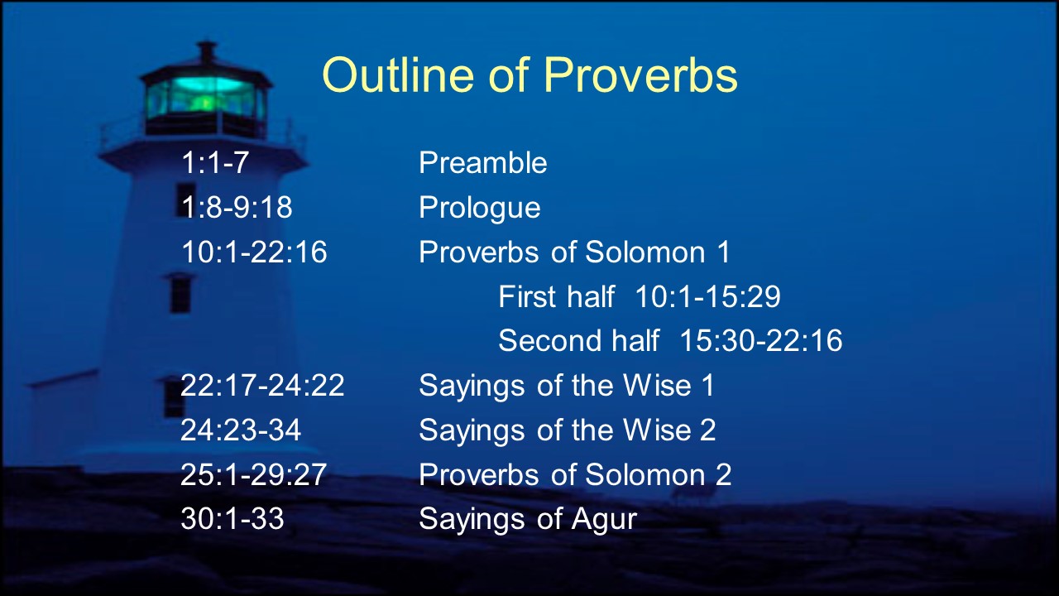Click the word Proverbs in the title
point(640,75)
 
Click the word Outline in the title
point(398,74)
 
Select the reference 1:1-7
point(215,163)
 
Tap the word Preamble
point(482,163)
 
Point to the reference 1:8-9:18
point(237,207)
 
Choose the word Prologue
point(479,208)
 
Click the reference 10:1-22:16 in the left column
point(254,252)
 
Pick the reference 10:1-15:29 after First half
point(707,296)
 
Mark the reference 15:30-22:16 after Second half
point(760,340)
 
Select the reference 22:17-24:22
point(262,385)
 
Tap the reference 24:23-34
point(241,430)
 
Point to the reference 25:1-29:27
point(253,474)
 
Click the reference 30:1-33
point(232,518)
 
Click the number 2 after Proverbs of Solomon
point(723,474)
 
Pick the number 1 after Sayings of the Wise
point(708,385)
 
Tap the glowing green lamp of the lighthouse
point(206,98)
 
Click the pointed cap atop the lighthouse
point(207,52)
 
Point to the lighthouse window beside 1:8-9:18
point(186,199)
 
